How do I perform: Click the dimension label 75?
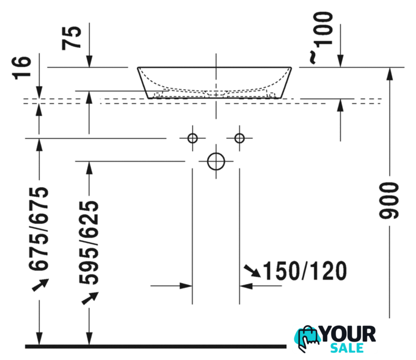click(x=71, y=38)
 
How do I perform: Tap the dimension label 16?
click(x=21, y=68)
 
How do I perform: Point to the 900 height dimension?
click(x=389, y=201)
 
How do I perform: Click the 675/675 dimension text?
click(x=39, y=228)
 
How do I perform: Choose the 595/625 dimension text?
click(x=89, y=242)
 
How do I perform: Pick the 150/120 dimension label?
click(x=305, y=271)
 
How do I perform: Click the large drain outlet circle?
click(x=216, y=161)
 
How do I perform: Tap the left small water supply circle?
click(x=193, y=138)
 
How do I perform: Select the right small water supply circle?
click(x=239, y=138)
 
